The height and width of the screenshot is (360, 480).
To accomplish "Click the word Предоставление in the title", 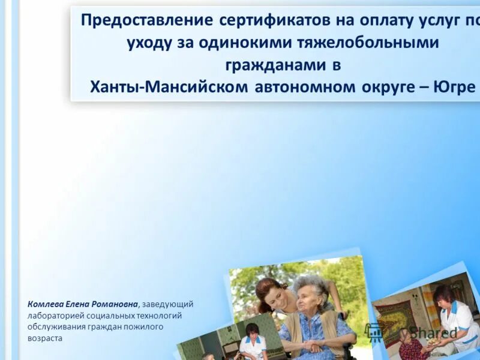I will point(147,20).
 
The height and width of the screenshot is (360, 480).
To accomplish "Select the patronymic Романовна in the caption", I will point(117,304).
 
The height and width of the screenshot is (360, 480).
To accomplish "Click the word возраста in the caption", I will point(44,338).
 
